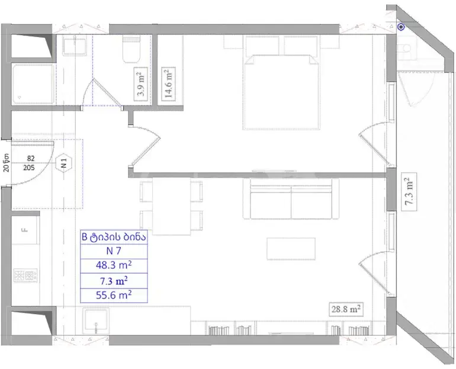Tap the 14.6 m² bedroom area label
click(x=168, y=84)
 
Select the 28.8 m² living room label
click(x=346, y=309)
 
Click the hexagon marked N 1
click(x=64, y=163)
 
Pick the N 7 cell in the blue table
click(x=114, y=251)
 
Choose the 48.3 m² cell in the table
click(x=114, y=265)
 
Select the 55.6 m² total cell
click(x=114, y=295)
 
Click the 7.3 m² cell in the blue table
click(x=114, y=281)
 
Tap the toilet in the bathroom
click(x=131, y=49)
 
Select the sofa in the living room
click(x=291, y=199)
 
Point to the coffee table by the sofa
click(x=291, y=249)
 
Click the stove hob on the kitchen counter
click(x=25, y=275)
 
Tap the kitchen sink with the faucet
click(x=95, y=321)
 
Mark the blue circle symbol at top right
click(x=402, y=27)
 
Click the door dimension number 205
click(x=29, y=168)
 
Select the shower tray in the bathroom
click(x=33, y=84)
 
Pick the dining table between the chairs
click(x=172, y=206)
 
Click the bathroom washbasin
click(x=75, y=46)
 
